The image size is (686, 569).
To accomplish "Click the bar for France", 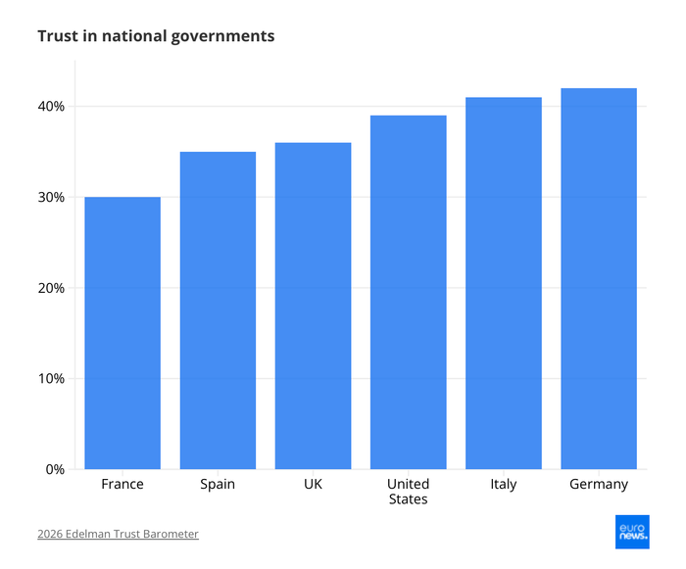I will pos(122,333).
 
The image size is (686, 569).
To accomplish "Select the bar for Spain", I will pos(218,310).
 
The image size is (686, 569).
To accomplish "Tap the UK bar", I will pos(313,306).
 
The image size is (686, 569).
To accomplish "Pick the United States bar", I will pos(408,292).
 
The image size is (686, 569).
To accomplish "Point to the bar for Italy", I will pos(503,283).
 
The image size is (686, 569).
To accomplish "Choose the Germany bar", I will pos(599,278).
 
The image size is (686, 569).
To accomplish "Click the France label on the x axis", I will pos(122,485).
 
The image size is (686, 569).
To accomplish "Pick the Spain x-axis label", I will pos(218,485).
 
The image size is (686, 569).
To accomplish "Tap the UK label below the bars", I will pos(313,485).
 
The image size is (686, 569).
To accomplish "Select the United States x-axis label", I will pos(408,492).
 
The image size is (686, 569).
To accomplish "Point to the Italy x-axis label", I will pos(503,485).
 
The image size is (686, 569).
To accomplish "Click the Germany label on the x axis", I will pos(599,485).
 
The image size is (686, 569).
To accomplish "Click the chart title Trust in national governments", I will pos(156,36).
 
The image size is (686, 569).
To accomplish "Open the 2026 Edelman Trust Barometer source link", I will pos(118,534).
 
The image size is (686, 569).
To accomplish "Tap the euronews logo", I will pos(631,532).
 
